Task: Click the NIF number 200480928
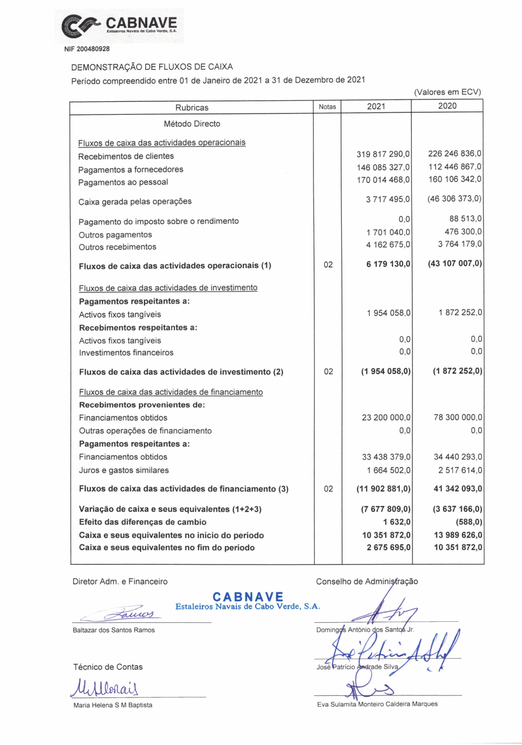coord(87,49)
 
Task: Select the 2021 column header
coord(376,107)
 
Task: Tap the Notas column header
coord(327,107)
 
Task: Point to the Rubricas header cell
coord(192,108)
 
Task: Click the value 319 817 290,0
coord(383,154)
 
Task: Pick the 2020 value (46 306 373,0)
coord(454,199)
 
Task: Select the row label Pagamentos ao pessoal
coord(123,182)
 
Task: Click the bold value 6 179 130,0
coord(388,264)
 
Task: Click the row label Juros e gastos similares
coord(124,470)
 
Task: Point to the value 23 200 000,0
coord(386,417)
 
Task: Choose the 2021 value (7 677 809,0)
coord(386,509)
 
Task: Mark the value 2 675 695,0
coord(388,548)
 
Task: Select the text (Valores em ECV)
coord(447,92)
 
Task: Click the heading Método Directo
coord(192,124)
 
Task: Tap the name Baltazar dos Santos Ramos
coord(114,630)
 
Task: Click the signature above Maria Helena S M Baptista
coord(105,688)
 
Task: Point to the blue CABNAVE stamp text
coord(248,597)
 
